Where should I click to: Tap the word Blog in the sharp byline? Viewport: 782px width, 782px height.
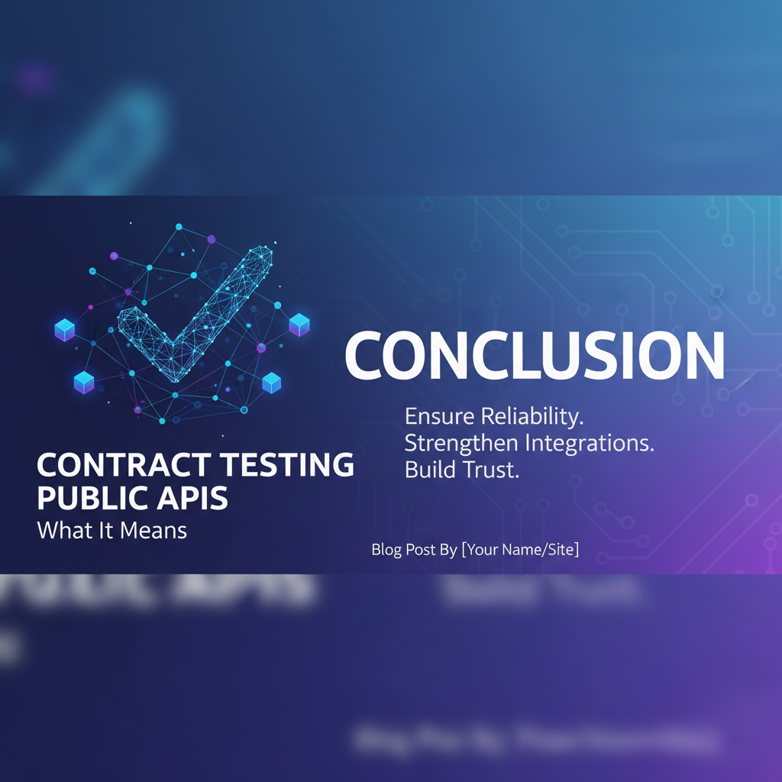[386, 549]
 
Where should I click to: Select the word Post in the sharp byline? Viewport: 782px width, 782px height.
[418, 549]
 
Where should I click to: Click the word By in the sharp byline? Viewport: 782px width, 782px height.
[448, 549]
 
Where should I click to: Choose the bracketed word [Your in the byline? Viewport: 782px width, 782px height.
[481, 549]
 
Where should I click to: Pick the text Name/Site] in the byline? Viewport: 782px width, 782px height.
[543, 549]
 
